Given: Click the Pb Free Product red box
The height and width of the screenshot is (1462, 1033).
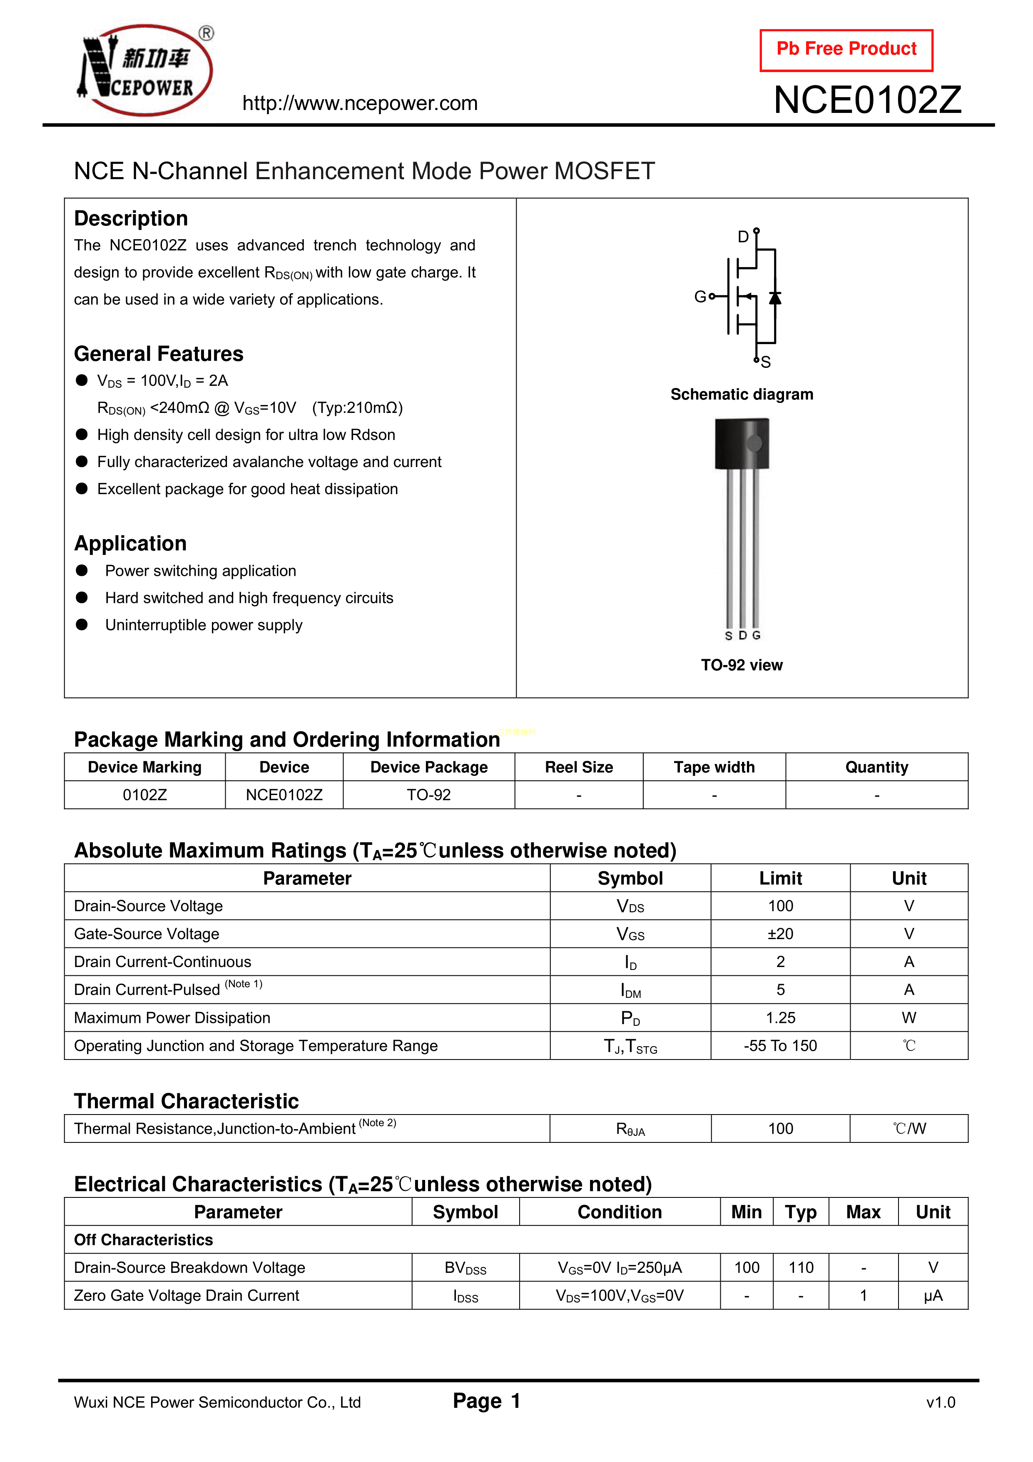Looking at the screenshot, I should [x=846, y=50].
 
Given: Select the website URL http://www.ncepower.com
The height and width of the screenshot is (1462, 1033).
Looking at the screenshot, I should [x=360, y=103].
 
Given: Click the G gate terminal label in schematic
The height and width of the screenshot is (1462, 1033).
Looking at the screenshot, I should [x=699, y=297].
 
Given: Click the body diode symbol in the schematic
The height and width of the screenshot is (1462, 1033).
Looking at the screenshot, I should [x=774, y=297].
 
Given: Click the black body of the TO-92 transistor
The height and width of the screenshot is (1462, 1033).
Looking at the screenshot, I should [x=742, y=444].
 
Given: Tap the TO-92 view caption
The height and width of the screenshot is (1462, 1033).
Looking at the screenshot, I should [x=742, y=665].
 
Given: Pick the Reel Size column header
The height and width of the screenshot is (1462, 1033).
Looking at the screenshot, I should [x=579, y=767].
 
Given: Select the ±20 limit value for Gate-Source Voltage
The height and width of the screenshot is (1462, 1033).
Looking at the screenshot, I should [x=780, y=934].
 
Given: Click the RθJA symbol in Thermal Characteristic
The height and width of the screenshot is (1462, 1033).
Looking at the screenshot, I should [x=630, y=1129].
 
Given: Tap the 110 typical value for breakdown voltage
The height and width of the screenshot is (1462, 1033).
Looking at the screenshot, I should [x=801, y=1268].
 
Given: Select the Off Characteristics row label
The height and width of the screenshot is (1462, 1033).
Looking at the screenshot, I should [x=143, y=1240].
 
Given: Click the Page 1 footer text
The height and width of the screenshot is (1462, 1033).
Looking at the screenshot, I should [x=487, y=1401].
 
